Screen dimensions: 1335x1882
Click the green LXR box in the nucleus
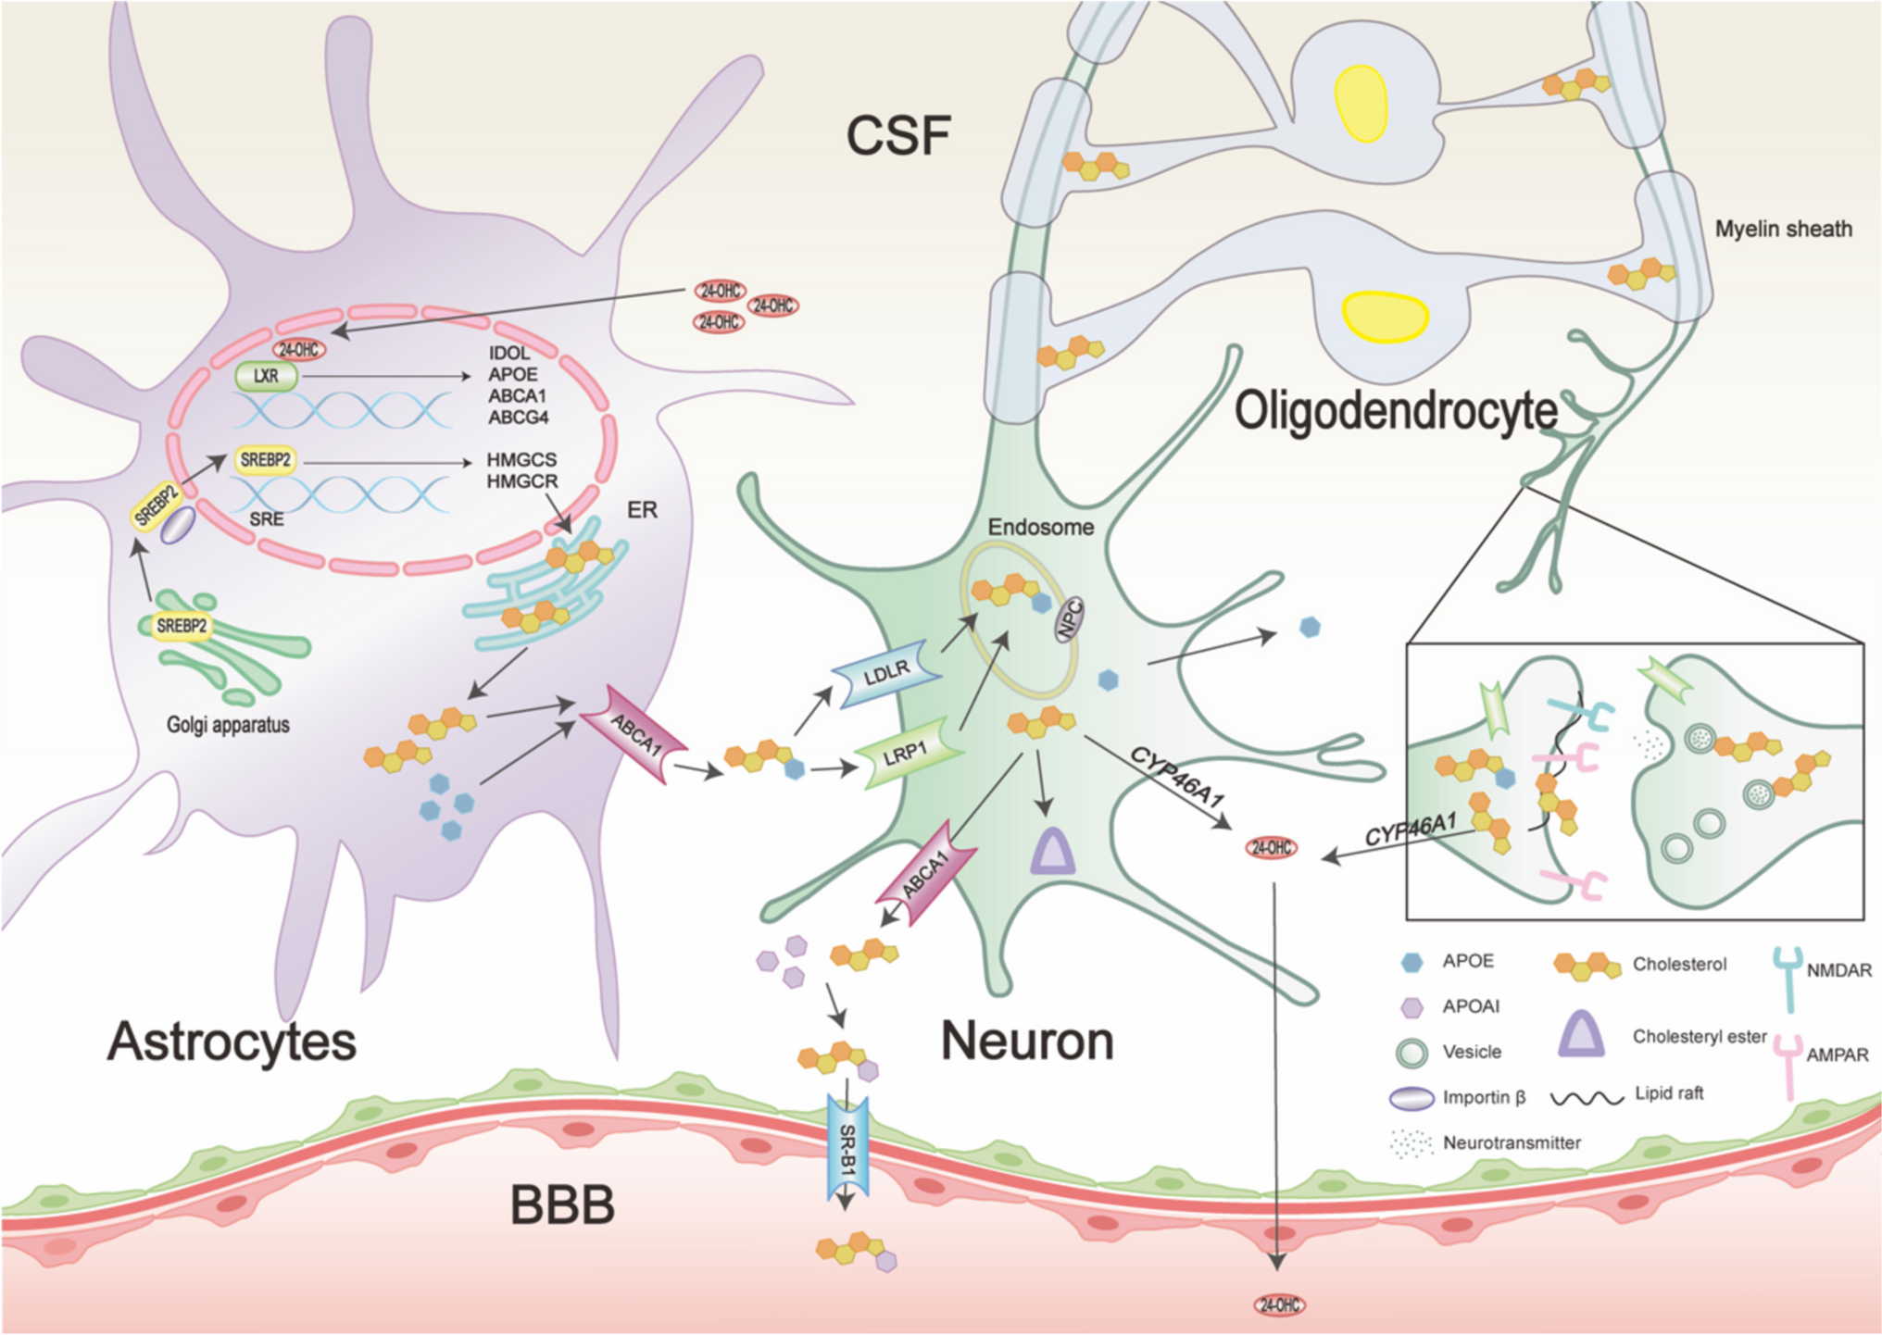tap(266, 376)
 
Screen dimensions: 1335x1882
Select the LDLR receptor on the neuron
tap(886, 673)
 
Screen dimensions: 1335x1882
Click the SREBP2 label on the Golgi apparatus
tap(182, 626)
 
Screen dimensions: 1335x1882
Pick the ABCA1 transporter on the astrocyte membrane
tap(635, 735)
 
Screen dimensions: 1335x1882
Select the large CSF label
tap(897, 136)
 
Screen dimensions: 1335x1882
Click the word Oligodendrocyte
tap(1396, 411)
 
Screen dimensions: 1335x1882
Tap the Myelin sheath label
tap(1783, 229)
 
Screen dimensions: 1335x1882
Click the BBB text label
tap(562, 1205)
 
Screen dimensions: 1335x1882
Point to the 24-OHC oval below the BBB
tap(1279, 1305)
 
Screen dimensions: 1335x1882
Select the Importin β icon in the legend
tap(1411, 1098)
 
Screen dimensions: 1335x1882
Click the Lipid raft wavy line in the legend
tap(1587, 1098)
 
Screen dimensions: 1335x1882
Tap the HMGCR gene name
tap(522, 481)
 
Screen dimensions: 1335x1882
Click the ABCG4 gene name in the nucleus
tap(519, 418)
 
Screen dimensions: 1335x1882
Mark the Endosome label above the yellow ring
tap(1040, 527)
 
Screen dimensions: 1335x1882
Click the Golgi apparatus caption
tap(228, 725)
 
